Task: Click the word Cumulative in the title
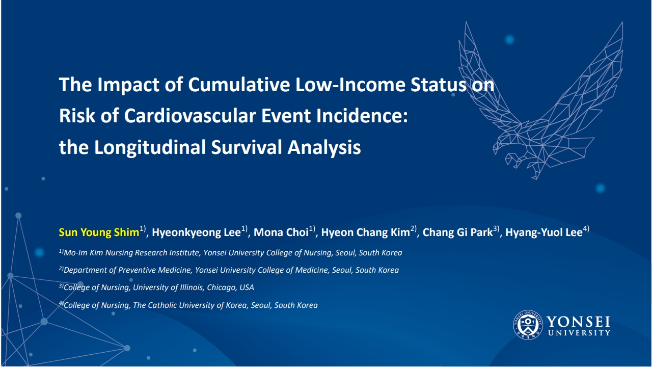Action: [x=239, y=85]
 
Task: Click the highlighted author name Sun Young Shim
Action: [x=99, y=232]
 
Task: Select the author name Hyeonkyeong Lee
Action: [x=197, y=232]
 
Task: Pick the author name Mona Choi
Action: [x=281, y=232]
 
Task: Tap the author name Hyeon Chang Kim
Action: [x=366, y=232]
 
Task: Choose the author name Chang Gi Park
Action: [x=457, y=232]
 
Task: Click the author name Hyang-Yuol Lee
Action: [x=544, y=232]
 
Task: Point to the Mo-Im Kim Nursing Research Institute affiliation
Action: [x=231, y=252]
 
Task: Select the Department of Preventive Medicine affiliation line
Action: [x=229, y=270]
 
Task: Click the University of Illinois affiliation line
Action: [x=156, y=287]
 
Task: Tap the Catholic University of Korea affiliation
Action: [x=188, y=305]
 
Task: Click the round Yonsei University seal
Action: [x=528, y=325]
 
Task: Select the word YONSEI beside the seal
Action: [x=578, y=322]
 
